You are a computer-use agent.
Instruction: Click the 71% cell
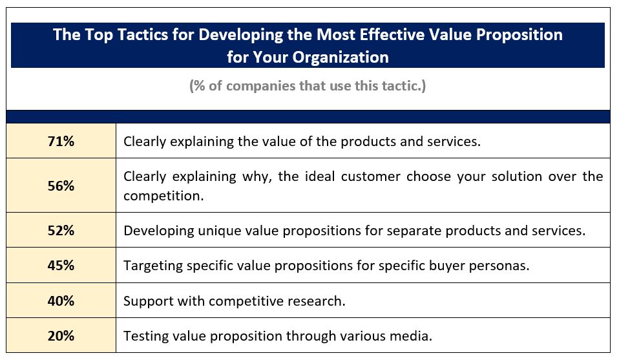(x=61, y=141)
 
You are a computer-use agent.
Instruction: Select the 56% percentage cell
(x=61, y=185)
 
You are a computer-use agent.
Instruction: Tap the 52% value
(x=61, y=230)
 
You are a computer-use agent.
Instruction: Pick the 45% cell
(x=61, y=265)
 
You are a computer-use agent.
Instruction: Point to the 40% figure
(x=61, y=301)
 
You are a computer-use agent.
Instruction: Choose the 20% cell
(x=61, y=336)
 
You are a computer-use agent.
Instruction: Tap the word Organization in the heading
(x=341, y=58)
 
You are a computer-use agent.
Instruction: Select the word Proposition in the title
(x=519, y=35)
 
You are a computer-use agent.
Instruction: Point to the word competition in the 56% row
(x=163, y=196)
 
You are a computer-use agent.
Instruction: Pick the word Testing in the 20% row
(x=143, y=336)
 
